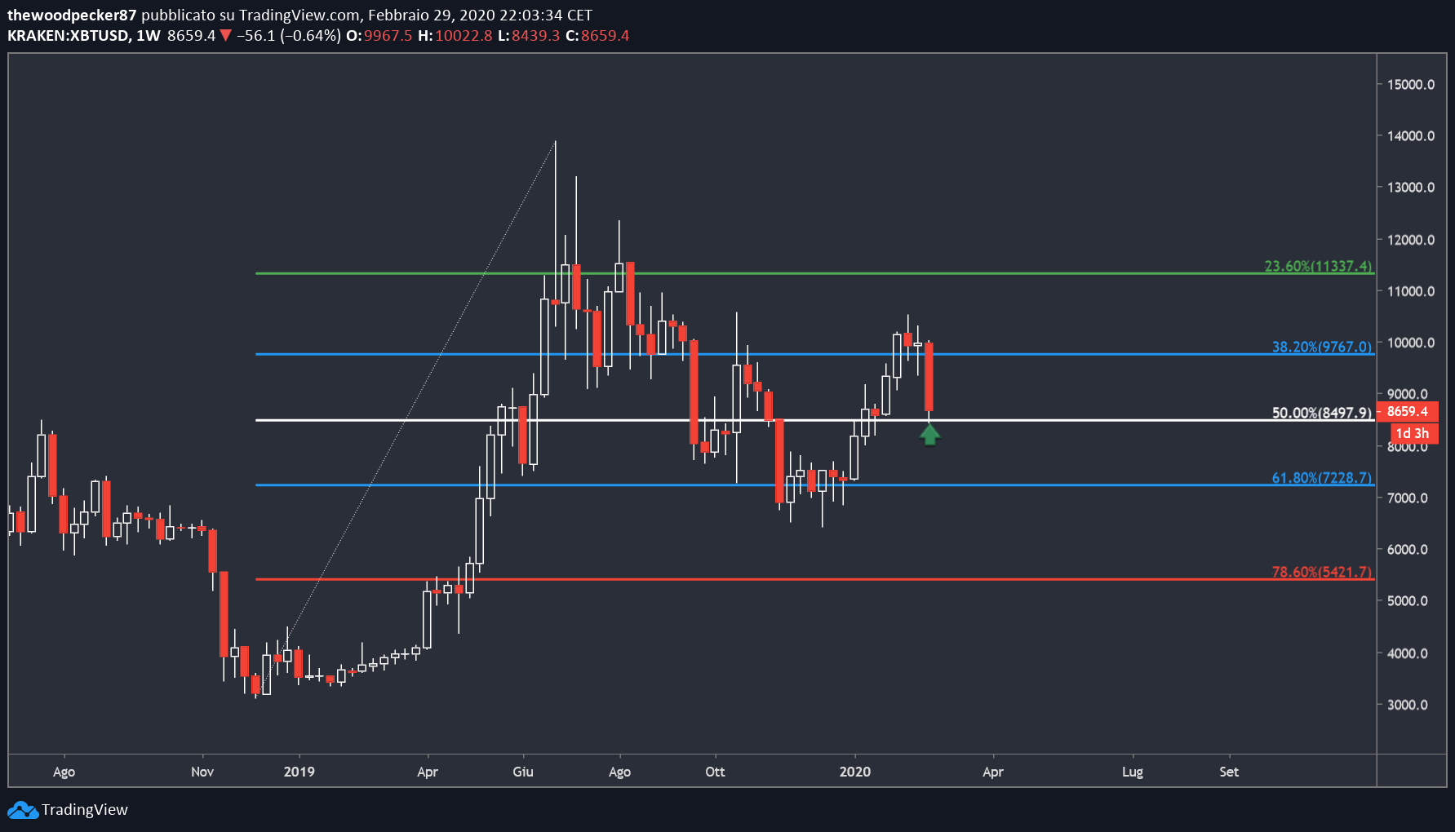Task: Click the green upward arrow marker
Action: [929, 435]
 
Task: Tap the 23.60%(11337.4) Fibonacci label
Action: [1318, 266]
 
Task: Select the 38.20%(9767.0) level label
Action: [1322, 347]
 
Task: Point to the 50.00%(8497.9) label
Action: [1322, 413]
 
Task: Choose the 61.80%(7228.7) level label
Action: [1322, 478]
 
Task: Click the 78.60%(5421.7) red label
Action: [1322, 572]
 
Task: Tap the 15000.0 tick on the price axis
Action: [1411, 85]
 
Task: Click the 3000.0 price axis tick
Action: [1408, 705]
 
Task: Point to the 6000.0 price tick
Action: [1408, 550]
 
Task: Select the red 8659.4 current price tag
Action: [1407, 412]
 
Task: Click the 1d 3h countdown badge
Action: [1413, 433]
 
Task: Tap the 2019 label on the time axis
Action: [299, 772]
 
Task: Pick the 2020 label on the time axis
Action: [855, 772]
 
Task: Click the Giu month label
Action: [523, 772]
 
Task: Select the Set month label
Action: [1229, 772]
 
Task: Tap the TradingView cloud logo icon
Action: [23, 810]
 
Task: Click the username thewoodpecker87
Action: [72, 15]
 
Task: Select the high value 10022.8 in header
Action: [464, 36]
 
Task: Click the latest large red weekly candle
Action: [929, 376]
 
